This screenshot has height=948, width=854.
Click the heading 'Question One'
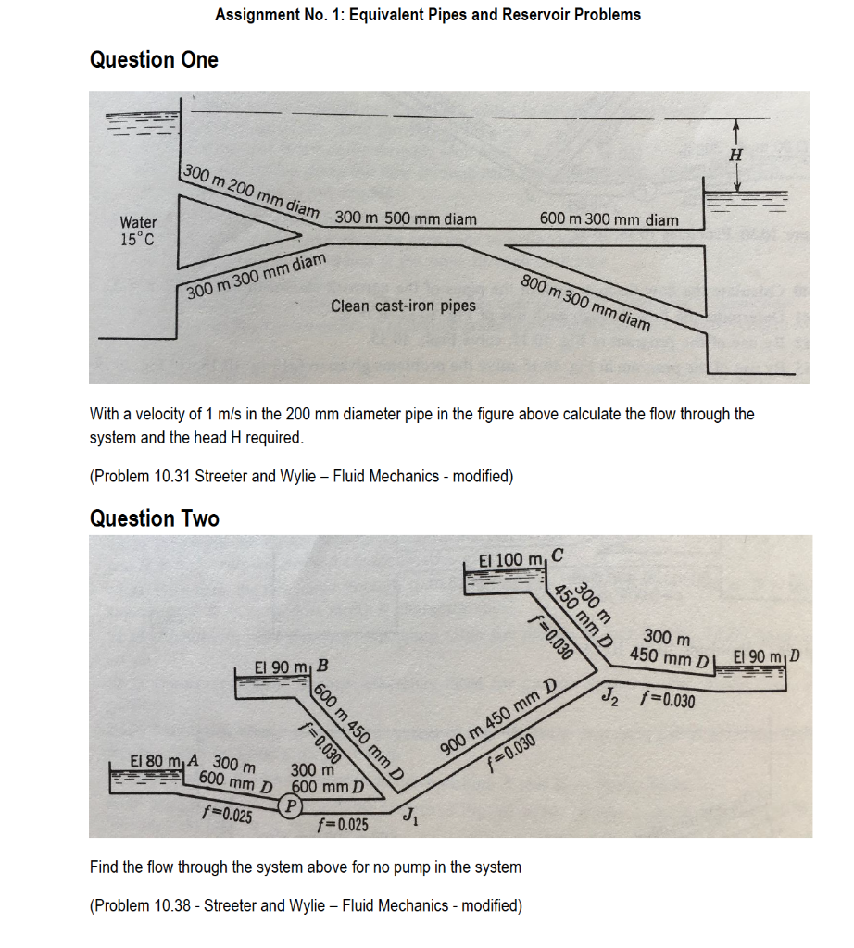click(x=154, y=60)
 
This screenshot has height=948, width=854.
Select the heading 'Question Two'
click(x=154, y=518)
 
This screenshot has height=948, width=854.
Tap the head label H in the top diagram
click(x=736, y=156)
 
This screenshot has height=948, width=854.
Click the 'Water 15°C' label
click(x=138, y=231)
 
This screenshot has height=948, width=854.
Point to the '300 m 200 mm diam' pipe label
click(x=250, y=191)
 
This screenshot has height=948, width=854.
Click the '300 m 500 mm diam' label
click(x=406, y=219)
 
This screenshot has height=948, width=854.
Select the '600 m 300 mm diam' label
click(x=609, y=219)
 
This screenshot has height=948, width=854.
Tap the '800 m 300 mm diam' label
click(x=585, y=301)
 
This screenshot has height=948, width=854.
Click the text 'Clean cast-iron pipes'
click(x=403, y=306)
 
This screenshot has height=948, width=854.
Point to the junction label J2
click(x=611, y=695)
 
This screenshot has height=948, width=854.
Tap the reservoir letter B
click(x=321, y=665)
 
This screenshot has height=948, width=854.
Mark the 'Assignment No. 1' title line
click(x=427, y=15)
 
